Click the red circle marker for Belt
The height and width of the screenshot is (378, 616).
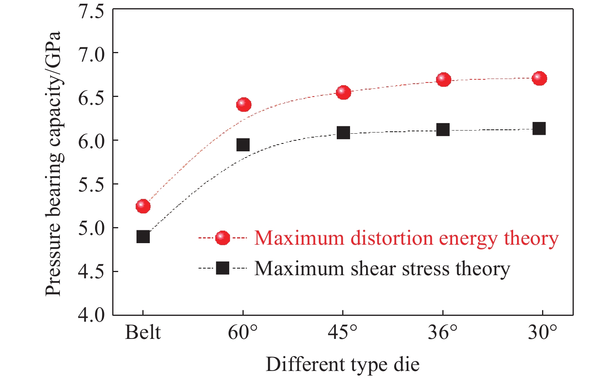143,206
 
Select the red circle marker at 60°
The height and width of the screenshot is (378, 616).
244,104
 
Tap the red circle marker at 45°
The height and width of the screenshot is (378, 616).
343,92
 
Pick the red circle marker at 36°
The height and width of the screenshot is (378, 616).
444,80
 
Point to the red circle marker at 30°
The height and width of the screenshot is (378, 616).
539,78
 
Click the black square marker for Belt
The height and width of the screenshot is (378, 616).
143,236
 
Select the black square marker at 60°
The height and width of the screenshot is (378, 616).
243,145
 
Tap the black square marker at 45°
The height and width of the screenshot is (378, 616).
343,133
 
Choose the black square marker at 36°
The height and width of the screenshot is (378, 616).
443,129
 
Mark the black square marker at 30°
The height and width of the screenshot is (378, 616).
539,128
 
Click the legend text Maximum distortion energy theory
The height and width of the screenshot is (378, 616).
406,238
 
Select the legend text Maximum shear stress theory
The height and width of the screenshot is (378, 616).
382,269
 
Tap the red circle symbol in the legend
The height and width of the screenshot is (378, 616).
223,238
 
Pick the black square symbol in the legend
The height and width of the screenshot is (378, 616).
223,268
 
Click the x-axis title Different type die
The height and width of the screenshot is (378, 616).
343,364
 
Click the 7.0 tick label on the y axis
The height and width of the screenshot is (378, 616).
92,53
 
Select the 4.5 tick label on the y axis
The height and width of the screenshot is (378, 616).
92,272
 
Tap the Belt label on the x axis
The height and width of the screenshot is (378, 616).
143,333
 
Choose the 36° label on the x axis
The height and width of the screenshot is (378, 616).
443,333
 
